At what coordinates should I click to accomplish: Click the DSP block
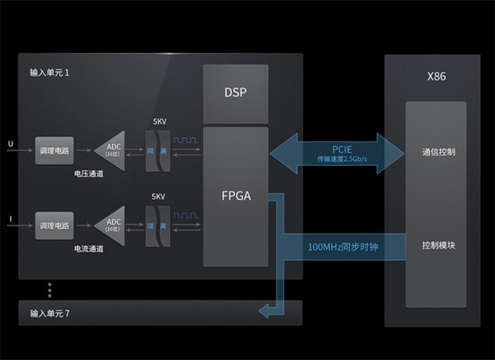tap(235, 93)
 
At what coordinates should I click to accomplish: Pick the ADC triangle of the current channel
tap(110, 224)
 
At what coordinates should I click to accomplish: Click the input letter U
tap(10, 144)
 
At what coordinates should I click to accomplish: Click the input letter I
tap(10, 218)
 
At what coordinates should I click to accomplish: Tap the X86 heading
tap(436, 76)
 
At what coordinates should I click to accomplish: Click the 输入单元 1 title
tap(50, 73)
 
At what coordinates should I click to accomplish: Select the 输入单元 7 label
tap(50, 313)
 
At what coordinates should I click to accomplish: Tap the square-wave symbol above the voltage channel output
tap(186, 140)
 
